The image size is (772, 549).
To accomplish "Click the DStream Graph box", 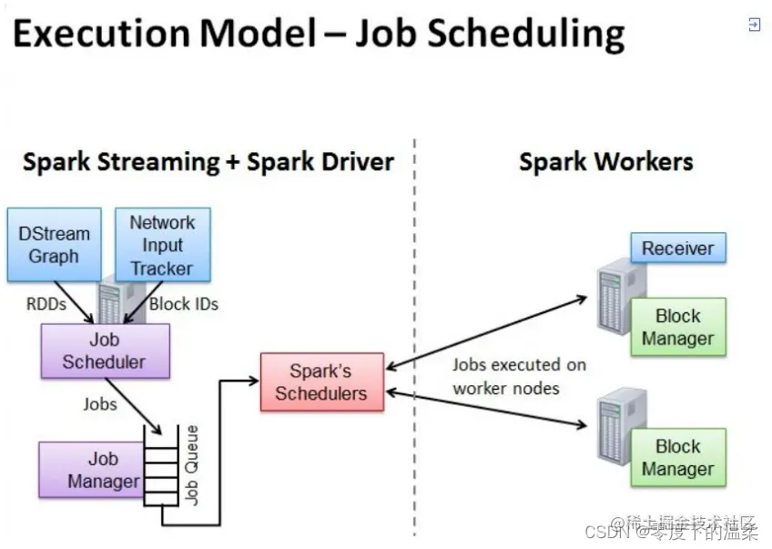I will pos(54,244).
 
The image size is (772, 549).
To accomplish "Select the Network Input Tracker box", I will pos(162,245).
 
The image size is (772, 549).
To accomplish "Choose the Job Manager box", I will pos(90,470).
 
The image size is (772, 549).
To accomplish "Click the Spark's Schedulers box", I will pos(321,382).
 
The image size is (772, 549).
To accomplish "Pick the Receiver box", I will pos(678,248).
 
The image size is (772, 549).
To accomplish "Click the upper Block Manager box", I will pos(678,328).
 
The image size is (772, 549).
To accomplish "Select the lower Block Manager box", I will pos(678,458).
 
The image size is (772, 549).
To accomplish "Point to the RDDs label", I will pos(46,304).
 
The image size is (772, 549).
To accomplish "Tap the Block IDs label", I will pos(183,304).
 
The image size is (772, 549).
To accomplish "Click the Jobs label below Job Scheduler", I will pos(100,402).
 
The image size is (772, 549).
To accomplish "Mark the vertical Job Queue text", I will pos(192,464).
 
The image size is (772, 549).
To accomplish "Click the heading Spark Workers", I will pos(605,163).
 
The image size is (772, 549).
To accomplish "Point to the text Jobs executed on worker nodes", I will pos(519,376).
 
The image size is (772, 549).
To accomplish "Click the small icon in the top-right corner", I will pos(754,25).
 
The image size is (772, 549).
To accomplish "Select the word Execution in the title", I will pos(100,34).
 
